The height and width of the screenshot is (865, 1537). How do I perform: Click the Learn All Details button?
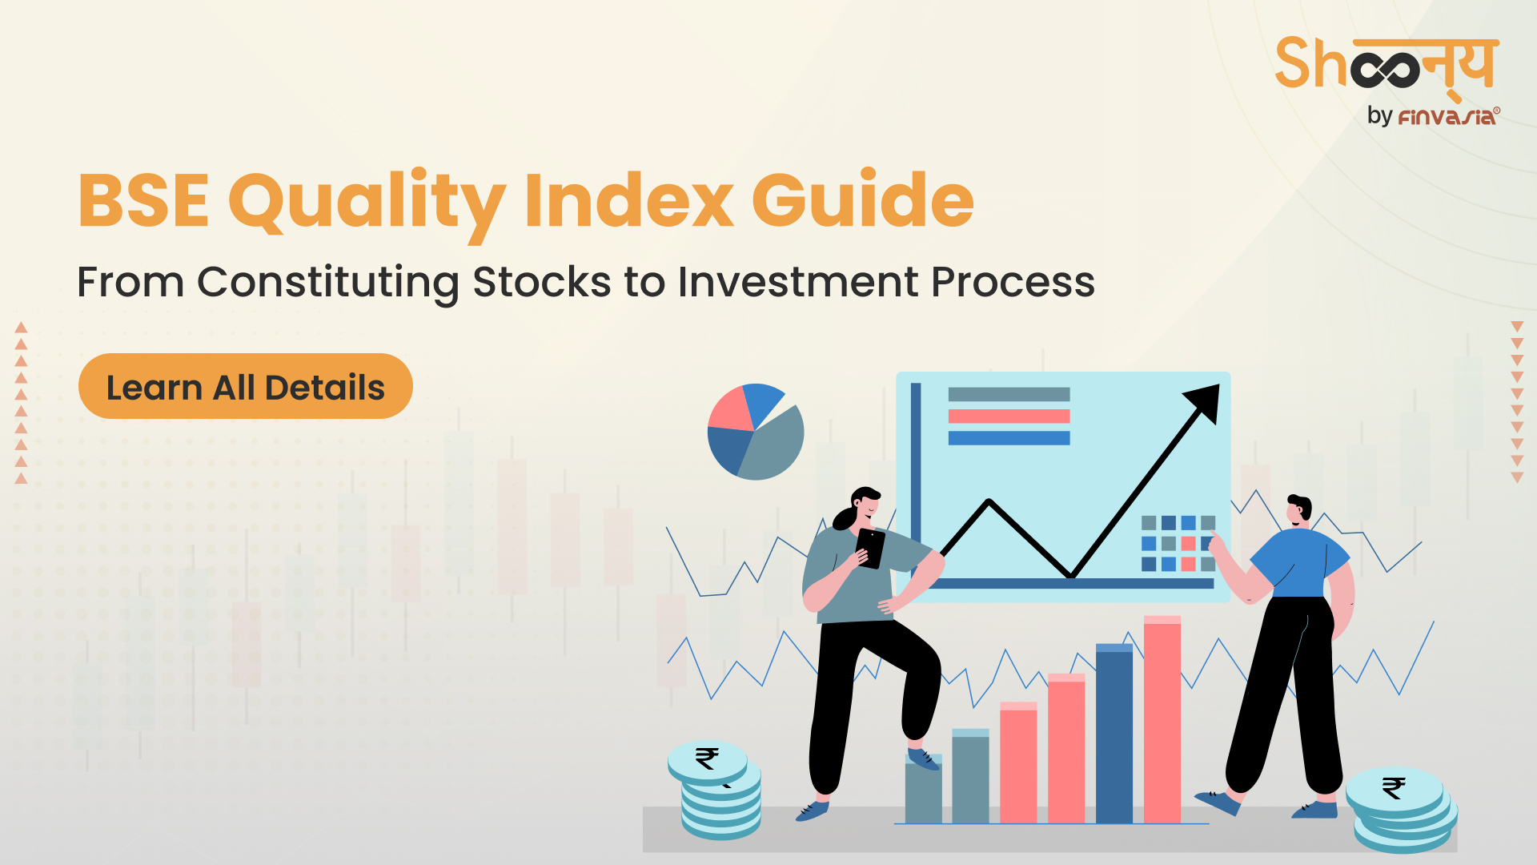246,386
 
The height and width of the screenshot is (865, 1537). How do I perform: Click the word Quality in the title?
367,202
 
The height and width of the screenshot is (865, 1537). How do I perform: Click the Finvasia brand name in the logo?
1447,117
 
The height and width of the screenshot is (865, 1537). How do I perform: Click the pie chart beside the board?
755,432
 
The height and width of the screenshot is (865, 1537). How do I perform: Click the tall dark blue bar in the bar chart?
1114,733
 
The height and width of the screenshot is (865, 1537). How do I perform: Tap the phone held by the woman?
870,548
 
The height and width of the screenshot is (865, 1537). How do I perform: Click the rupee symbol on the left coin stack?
707,757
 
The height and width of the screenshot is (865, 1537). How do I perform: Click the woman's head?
861,507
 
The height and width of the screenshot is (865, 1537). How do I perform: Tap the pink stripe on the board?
1009,416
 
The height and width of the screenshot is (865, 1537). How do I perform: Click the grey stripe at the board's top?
1009,394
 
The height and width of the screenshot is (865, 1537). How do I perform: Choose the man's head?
1298,510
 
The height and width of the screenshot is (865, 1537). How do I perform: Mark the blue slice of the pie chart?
762,402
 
